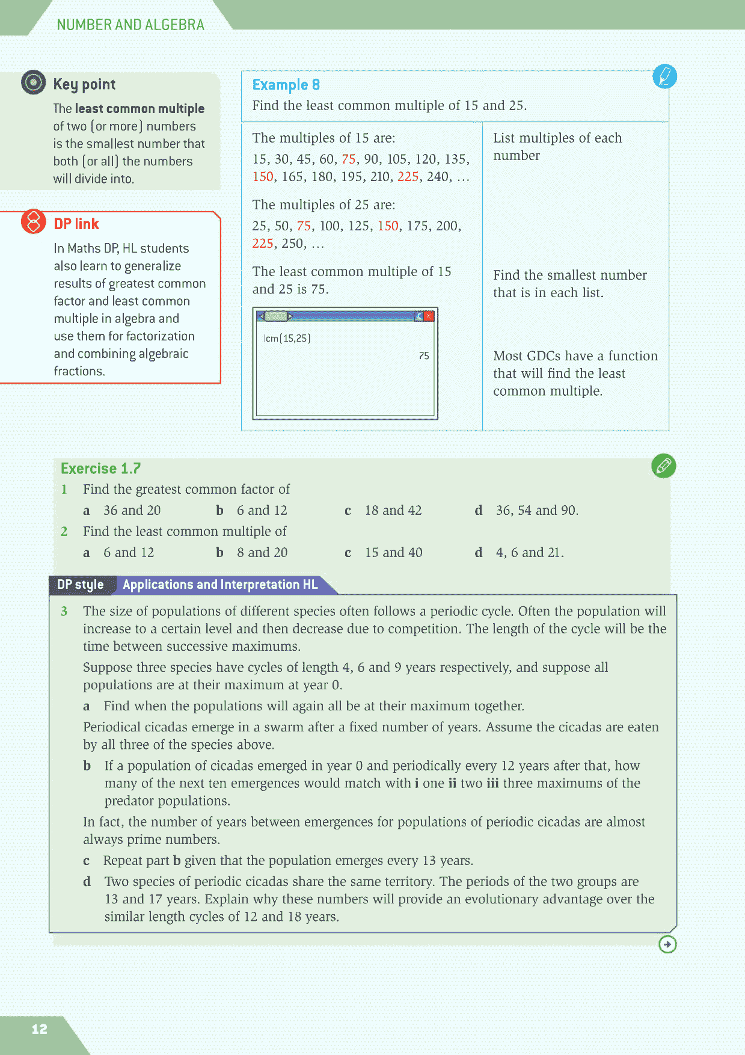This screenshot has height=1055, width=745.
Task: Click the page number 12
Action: click(x=39, y=1029)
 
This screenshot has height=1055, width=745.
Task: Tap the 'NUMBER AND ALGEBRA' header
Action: click(x=130, y=25)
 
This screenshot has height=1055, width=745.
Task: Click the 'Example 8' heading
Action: click(x=286, y=85)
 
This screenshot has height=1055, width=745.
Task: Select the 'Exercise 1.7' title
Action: click(x=100, y=469)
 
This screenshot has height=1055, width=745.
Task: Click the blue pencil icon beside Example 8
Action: click(x=664, y=76)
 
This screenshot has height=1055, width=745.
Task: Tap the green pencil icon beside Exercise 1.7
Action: click(x=663, y=466)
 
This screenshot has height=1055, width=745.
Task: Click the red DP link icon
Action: click(x=34, y=222)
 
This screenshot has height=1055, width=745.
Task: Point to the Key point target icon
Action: click(x=33, y=82)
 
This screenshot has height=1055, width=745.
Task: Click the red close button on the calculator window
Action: click(x=429, y=316)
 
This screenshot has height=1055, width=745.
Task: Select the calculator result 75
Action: click(x=424, y=356)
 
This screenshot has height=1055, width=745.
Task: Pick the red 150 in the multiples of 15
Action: click(x=263, y=177)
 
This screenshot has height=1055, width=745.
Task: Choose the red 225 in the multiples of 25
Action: click(x=263, y=244)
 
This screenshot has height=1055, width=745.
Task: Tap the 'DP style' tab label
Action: click(x=80, y=585)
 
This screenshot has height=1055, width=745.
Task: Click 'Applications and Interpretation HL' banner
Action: click(x=220, y=585)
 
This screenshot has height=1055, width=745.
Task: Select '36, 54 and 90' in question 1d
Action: click(x=537, y=511)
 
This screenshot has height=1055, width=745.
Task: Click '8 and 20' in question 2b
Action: click(x=262, y=553)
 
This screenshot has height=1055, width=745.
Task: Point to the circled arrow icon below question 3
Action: click(x=667, y=944)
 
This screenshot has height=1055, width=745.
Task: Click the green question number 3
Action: click(x=64, y=612)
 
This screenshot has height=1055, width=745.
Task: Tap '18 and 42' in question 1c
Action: click(x=393, y=511)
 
